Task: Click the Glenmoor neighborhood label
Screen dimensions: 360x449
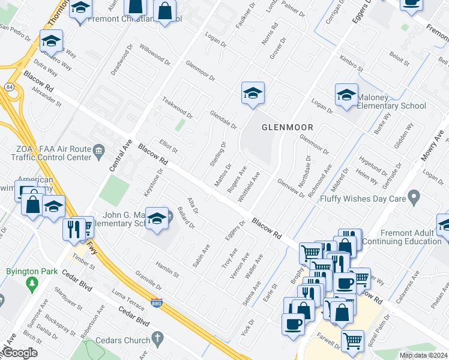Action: pyautogui.click(x=288, y=127)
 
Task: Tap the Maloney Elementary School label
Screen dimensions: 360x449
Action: pyautogui.click(x=392, y=101)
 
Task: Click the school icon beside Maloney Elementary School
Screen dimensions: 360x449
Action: pyautogui.click(x=346, y=95)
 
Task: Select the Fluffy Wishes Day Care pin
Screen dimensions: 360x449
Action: pyautogui.click(x=413, y=197)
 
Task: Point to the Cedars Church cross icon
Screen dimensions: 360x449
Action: pyautogui.click(x=158, y=340)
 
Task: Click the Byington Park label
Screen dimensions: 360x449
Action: pyautogui.click(x=26, y=271)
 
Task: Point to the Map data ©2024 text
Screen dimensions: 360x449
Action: pyautogui.click(x=423, y=355)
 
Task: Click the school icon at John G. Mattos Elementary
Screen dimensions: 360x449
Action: pyautogui.click(x=157, y=218)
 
